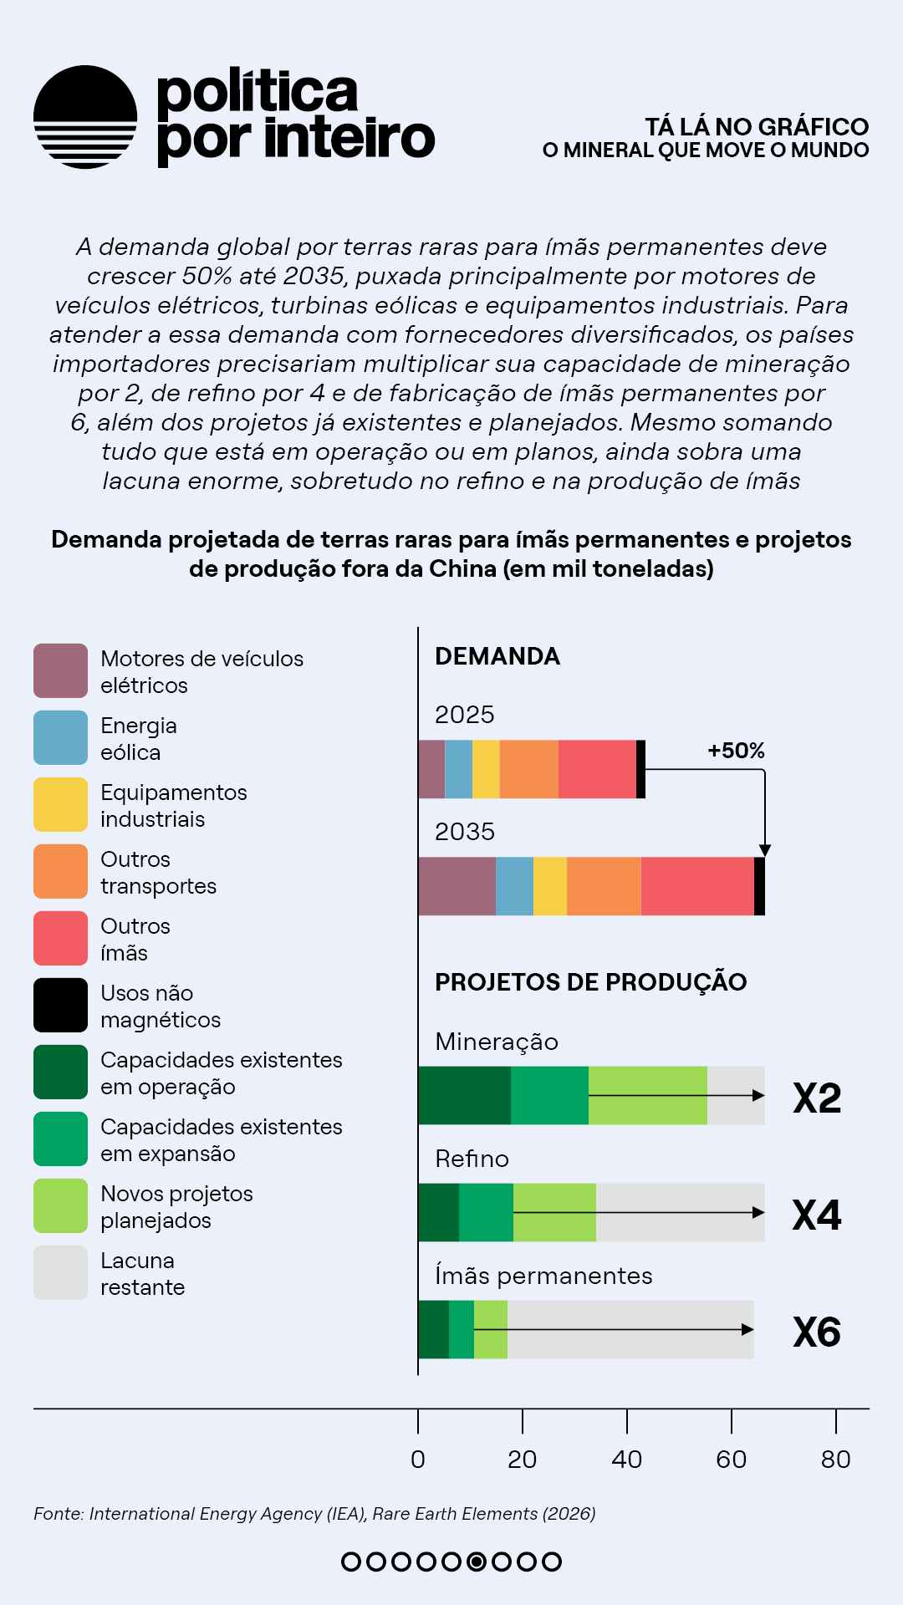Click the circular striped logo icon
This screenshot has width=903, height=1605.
(85, 117)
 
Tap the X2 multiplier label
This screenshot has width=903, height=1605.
(817, 1098)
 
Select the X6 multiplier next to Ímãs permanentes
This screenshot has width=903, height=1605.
(817, 1332)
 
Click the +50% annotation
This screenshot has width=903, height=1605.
(736, 751)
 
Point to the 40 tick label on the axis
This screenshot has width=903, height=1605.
(626, 1460)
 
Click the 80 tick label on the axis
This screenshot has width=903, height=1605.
(835, 1460)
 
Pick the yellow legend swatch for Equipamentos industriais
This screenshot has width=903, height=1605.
(60, 804)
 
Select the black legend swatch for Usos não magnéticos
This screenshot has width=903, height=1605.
(60, 1005)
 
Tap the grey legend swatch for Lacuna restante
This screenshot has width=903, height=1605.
(60, 1272)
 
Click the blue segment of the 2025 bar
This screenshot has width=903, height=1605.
(458, 769)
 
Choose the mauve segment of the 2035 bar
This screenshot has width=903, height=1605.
(457, 886)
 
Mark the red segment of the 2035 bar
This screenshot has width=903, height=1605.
(697, 886)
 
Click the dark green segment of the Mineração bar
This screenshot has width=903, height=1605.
(464, 1095)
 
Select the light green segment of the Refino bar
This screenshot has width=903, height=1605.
(554, 1212)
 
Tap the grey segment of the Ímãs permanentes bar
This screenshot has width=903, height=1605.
(630, 1329)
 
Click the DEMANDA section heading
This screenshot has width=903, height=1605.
(497, 656)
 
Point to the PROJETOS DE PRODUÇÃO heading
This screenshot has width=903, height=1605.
(590, 982)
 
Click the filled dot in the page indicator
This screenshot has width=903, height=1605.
(477, 1562)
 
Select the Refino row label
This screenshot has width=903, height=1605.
(472, 1159)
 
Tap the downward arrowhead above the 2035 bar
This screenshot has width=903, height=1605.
(764, 850)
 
